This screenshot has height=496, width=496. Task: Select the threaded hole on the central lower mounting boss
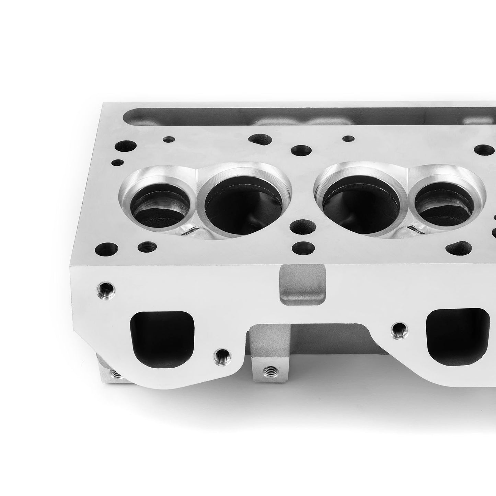(x=268, y=371)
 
